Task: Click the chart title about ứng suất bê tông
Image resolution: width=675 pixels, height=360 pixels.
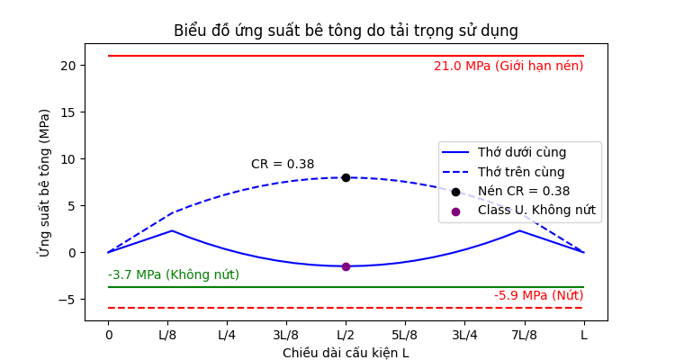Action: [x=346, y=31]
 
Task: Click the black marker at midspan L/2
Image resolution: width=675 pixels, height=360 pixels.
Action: [x=346, y=177]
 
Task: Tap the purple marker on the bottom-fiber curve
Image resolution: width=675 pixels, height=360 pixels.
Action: [x=346, y=266]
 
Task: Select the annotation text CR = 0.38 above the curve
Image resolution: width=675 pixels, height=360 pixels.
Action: [x=283, y=165]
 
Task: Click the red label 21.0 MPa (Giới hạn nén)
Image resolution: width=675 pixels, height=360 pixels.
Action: [x=508, y=66]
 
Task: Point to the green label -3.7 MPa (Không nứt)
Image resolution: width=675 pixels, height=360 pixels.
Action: [x=174, y=274]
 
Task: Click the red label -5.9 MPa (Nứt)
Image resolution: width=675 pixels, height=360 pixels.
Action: [x=538, y=295]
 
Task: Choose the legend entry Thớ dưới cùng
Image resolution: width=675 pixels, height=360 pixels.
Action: [x=521, y=152]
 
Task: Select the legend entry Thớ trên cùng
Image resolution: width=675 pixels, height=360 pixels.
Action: [x=521, y=172]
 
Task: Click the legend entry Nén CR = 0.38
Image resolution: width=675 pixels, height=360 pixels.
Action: [x=524, y=191]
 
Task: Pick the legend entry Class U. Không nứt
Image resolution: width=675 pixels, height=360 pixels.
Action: [x=536, y=211]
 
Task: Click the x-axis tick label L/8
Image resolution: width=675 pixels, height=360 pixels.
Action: [x=167, y=336]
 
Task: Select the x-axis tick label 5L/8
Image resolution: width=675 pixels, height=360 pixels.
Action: [x=405, y=336]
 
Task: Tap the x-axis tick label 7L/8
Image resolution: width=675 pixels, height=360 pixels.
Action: [x=524, y=336]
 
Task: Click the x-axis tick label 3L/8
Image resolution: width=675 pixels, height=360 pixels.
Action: [x=286, y=336]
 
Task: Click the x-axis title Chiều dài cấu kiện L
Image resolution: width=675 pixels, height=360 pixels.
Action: [x=346, y=353]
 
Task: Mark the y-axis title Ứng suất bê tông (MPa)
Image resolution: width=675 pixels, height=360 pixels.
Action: [x=44, y=183]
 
